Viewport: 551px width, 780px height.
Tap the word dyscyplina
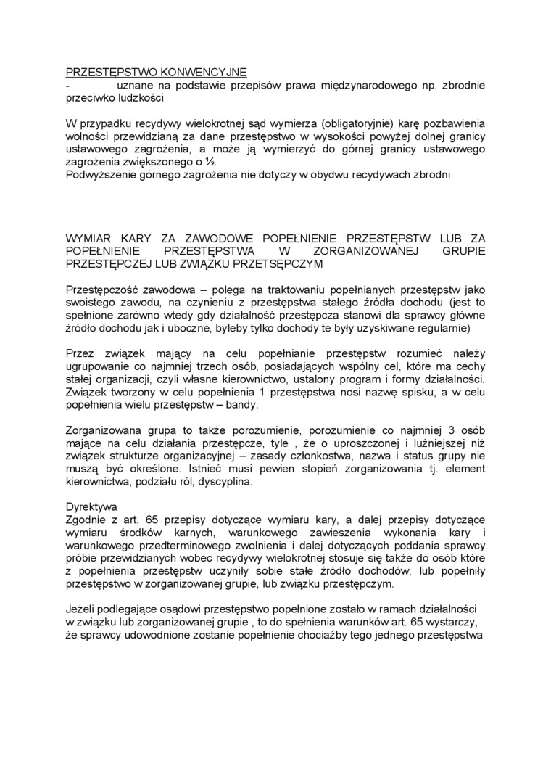225,482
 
